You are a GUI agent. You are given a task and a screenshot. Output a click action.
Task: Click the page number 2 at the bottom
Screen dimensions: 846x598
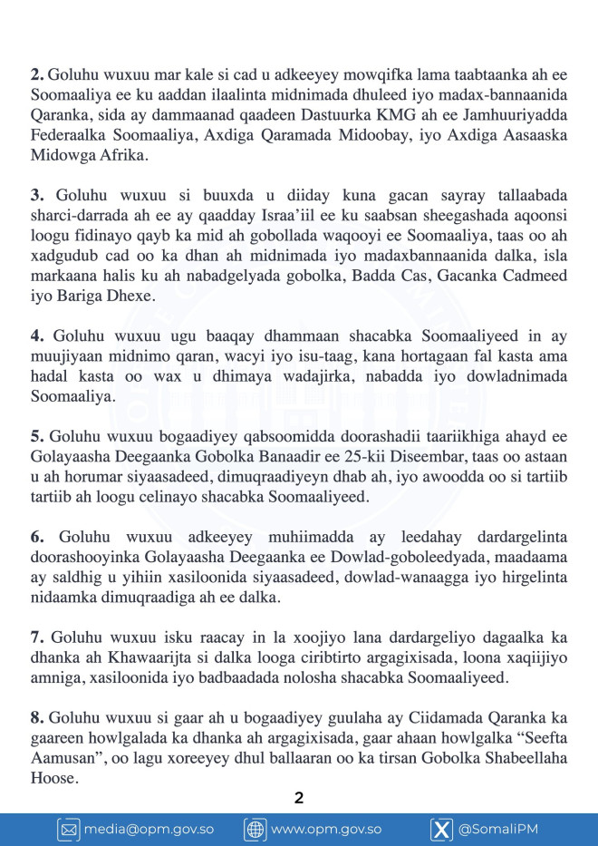299,798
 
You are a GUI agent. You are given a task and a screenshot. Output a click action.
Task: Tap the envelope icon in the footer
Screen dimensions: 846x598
69,829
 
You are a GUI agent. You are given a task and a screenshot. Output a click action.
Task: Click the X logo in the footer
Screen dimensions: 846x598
441,829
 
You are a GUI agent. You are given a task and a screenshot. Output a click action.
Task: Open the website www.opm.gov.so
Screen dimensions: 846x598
326,829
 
